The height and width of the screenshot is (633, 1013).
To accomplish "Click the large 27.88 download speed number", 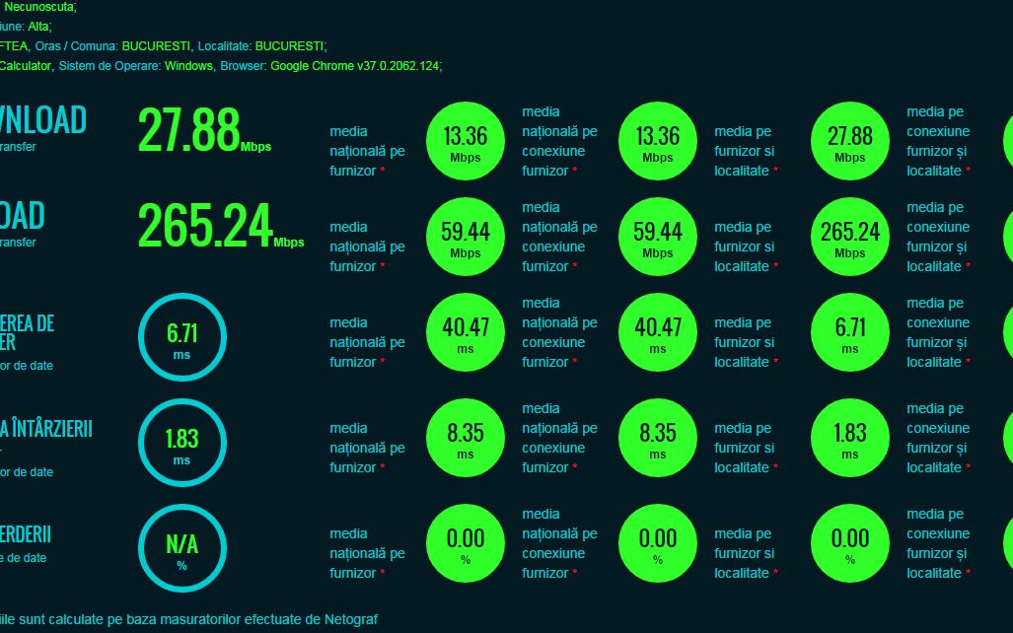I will click(x=188, y=129).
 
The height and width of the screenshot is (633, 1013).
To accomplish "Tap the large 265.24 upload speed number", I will click(x=205, y=225).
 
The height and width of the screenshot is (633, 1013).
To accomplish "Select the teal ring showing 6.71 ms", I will click(x=181, y=337).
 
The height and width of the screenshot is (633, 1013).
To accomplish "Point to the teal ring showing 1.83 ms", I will click(x=181, y=443).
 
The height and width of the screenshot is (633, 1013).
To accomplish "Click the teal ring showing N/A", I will click(x=181, y=548).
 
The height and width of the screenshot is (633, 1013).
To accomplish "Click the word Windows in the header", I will click(x=188, y=66).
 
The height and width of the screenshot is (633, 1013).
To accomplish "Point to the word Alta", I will click(x=40, y=27).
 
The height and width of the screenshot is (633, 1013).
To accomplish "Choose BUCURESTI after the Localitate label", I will click(x=290, y=46).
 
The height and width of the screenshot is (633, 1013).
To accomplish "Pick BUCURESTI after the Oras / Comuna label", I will click(x=156, y=46).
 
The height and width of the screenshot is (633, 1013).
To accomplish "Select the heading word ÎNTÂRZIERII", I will click(x=53, y=429).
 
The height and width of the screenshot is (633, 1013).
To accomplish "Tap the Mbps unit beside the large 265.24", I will click(x=289, y=242).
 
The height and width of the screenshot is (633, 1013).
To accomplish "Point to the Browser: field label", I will click(x=244, y=66).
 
